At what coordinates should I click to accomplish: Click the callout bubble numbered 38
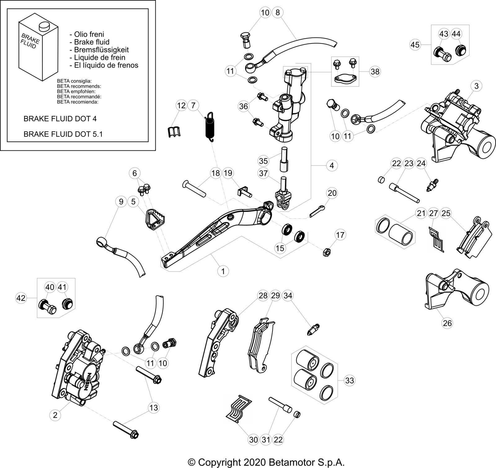375,72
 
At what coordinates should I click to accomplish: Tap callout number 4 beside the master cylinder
332,165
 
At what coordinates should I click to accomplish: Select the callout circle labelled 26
447,323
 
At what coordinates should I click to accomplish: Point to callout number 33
349,380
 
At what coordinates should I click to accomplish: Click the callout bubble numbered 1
223,271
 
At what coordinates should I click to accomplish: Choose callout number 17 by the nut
340,235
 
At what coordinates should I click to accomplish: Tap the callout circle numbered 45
415,45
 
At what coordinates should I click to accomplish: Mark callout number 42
21,298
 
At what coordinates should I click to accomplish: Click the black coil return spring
210,127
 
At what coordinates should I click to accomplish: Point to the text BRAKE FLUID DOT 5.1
63,134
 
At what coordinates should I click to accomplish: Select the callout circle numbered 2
55,415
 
